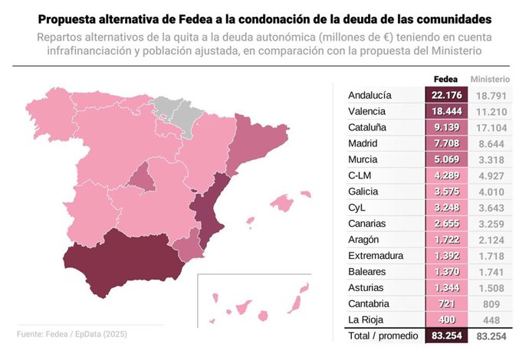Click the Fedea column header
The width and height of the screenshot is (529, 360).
click(x=445, y=79)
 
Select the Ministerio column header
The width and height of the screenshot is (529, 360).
click(x=491, y=79)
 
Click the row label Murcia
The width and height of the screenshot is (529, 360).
click(x=365, y=159)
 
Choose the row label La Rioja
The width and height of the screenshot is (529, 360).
click(x=367, y=320)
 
